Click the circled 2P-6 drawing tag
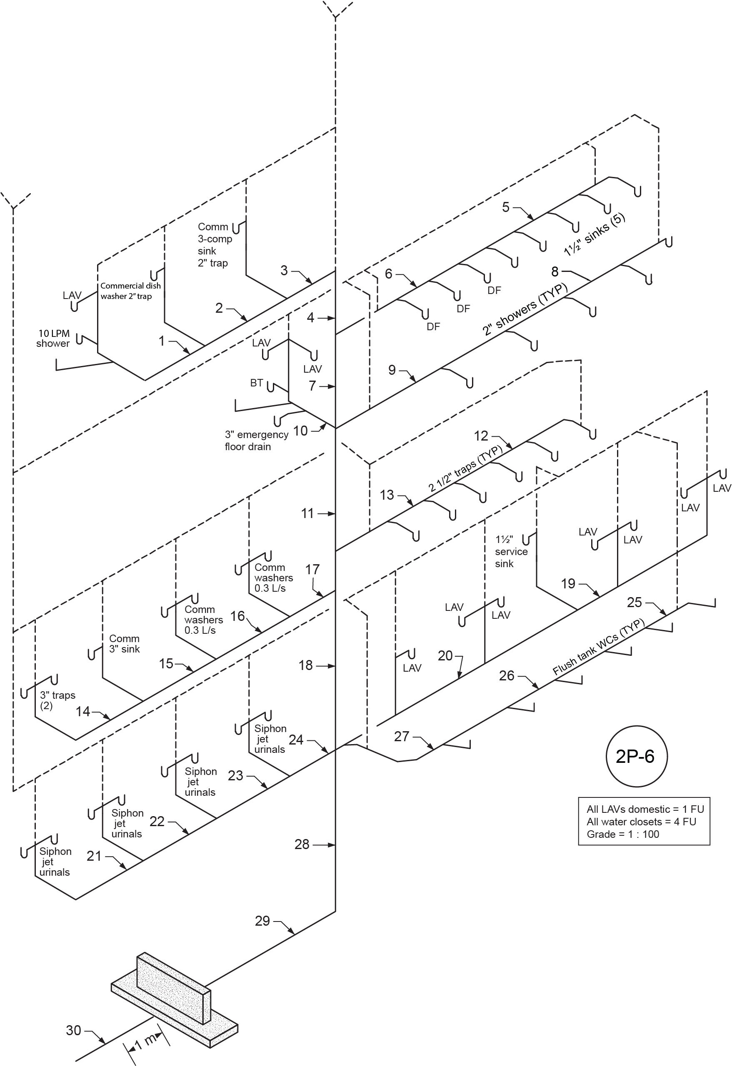click(x=637, y=756)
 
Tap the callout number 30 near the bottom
click(x=73, y=1030)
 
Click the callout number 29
click(x=262, y=921)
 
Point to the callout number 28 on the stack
click(x=302, y=844)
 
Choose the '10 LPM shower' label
click(x=54, y=339)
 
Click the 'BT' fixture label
click(x=257, y=383)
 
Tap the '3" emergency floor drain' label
click(x=256, y=440)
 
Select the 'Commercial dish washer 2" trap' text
click(x=131, y=291)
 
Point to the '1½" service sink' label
click(x=511, y=551)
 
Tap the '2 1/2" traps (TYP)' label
click(x=465, y=468)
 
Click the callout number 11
click(x=307, y=513)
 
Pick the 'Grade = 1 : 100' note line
click(x=623, y=834)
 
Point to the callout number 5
click(x=506, y=207)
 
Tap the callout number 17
click(x=312, y=569)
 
